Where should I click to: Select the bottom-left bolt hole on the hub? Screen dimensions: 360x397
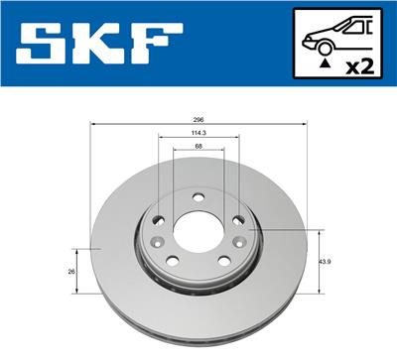click(x=171, y=261)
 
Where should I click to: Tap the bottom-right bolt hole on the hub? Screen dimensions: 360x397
click(x=225, y=262)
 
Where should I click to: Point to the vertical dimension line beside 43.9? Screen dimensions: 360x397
click(x=318, y=262)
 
